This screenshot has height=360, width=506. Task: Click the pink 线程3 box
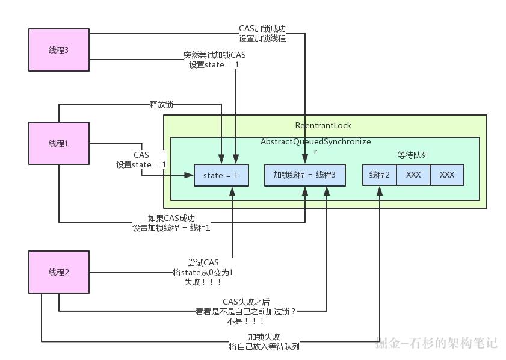point(59,50)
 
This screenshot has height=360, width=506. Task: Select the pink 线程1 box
point(59,143)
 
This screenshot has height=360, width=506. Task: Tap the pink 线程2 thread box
point(59,272)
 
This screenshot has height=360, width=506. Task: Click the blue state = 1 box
point(221,175)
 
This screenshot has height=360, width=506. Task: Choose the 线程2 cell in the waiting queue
point(380,175)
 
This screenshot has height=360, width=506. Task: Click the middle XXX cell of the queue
point(413,175)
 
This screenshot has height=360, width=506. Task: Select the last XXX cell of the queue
point(447,175)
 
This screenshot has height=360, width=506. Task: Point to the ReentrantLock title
point(323,125)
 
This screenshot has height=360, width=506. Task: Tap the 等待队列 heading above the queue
point(413,155)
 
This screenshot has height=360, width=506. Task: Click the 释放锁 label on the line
point(161,104)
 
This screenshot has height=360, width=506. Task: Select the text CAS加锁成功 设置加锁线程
point(262,33)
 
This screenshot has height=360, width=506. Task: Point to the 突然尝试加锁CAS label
point(215,60)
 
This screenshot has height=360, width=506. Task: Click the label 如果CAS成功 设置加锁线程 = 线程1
point(171,223)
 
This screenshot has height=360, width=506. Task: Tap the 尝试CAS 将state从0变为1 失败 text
point(203,272)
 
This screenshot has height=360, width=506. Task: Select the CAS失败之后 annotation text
point(245,311)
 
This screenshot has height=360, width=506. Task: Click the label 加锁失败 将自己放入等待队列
point(264,341)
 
